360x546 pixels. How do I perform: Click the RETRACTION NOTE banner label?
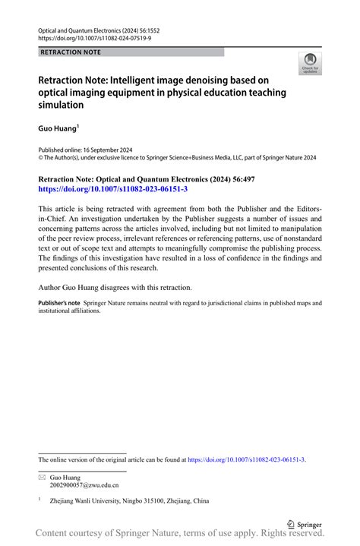tap(71, 52)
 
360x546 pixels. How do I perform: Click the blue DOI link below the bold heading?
tap(112, 189)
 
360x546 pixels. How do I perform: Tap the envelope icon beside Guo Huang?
tap(42, 476)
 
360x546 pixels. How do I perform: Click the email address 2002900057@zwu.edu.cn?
tap(84, 485)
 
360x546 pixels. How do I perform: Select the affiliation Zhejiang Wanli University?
tap(89, 501)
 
